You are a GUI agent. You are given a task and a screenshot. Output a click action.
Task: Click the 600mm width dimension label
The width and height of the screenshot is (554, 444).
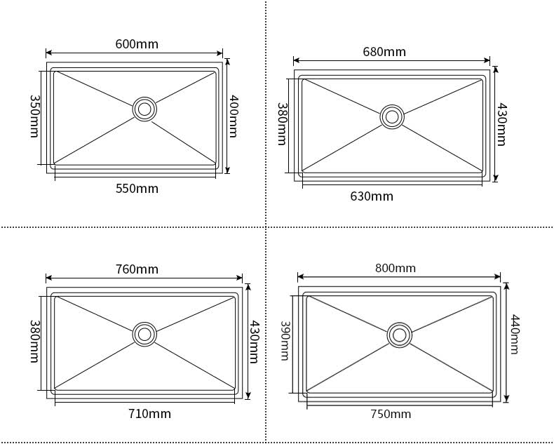pyautogui.click(x=137, y=44)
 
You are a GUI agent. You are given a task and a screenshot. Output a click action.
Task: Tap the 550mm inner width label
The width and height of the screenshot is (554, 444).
pyautogui.click(x=137, y=189)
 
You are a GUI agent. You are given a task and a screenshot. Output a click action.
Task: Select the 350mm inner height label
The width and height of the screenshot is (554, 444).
pyautogui.click(x=34, y=116)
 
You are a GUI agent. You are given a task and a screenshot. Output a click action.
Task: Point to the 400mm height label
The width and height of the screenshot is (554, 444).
pyautogui.click(x=234, y=116)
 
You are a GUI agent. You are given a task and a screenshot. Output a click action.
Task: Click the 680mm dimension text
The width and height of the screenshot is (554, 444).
pyautogui.click(x=384, y=52)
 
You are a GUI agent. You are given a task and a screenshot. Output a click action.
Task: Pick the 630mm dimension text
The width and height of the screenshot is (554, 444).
pyautogui.click(x=372, y=196)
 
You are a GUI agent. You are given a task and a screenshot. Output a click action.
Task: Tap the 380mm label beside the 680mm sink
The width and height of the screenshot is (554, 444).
pyautogui.click(x=282, y=123)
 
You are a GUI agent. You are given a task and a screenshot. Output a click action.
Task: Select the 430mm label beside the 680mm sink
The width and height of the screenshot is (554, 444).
pyautogui.click(x=501, y=124)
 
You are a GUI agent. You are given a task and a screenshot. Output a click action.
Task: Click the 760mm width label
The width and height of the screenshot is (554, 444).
pyautogui.click(x=137, y=269)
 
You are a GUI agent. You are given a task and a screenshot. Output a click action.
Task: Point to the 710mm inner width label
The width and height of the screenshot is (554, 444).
pyautogui.click(x=149, y=414)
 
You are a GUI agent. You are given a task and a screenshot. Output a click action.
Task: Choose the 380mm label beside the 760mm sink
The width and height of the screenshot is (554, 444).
pyautogui.click(x=34, y=341)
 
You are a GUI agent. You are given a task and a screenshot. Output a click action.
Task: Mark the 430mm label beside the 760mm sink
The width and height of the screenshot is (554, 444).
pyautogui.click(x=254, y=342)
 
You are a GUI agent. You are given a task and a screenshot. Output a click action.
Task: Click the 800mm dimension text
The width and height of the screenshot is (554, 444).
pyautogui.click(x=396, y=269)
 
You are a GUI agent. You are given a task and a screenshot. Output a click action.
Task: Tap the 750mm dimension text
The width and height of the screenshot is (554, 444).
pyautogui.click(x=391, y=414)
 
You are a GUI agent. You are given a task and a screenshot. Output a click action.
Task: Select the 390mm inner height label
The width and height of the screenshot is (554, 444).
pyautogui.click(x=285, y=340)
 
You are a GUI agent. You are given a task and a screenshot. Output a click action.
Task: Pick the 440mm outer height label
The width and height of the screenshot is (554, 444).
pyautogui.click(x=515, y=335)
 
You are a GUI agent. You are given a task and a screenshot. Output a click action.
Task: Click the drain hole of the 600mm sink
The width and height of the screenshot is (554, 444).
pyautogui.click(x=144, y=109)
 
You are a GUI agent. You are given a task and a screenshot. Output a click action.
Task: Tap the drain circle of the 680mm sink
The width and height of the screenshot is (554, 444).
pyautogui.click(x=392, y=116)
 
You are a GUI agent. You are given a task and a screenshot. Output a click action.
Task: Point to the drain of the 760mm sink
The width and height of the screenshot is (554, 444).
pyautogui.click(x=144, y=334)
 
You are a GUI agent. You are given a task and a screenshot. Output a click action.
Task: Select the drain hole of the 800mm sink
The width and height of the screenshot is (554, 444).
pyautogui.click(x=399, y=335)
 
